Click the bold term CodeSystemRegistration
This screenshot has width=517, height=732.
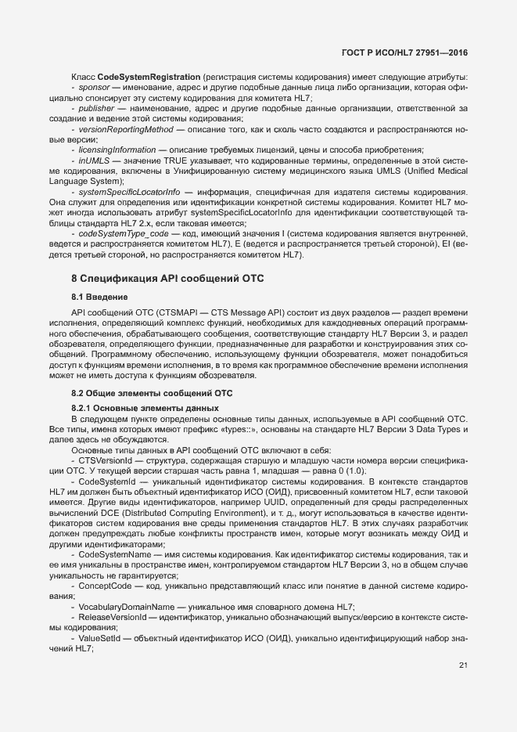click(148, 77)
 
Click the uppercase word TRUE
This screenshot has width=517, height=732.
click(186, 160)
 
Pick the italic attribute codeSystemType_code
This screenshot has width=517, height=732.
click(123, 234)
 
